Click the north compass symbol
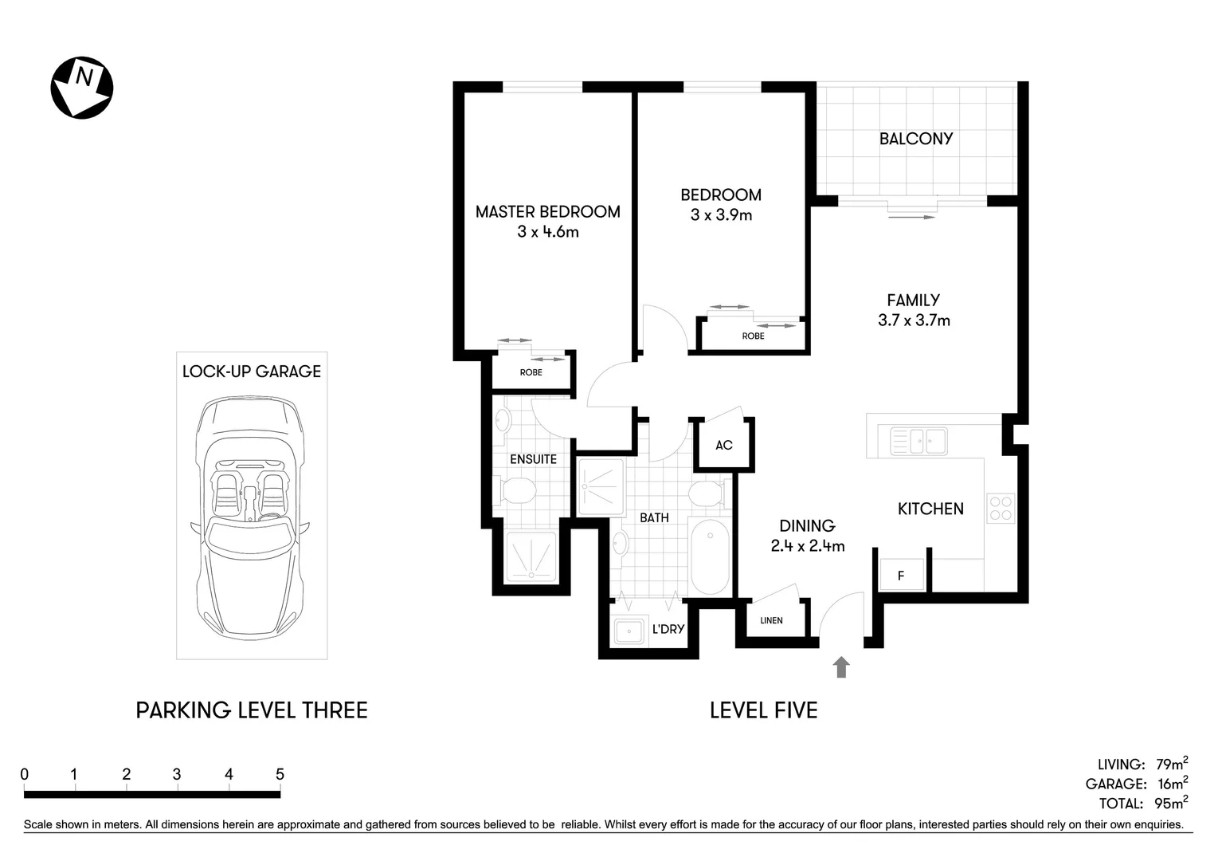pyautogui.click(x=82, y=88)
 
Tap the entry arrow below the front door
pyautogui.click(x=841, y=667)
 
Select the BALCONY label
pyautogui.click(x=915, y=139)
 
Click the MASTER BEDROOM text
pyautogui.click(x=547, y=212)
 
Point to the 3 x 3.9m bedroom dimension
pyautogui.click(x=721, y=215)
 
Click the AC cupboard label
pyautogui.click(x=723, y=445)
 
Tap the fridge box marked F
pyautogui.click(x=901, y=575)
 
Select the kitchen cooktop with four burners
pyautogui.click(x=1001, y=509)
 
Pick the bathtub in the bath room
pyautogui.click(x=709, y=556)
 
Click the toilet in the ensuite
pyautogui.click(x=515, y=490)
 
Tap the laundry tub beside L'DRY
pyautogui.click(x=629, y=631)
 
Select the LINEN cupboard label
pyautogui.click(x=771, y=620)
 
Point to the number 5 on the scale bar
pyautogui.click(x=280, y=774)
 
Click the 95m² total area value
pyautogui.click(x=1170, y=804)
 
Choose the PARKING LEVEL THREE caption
pyautogui.click(x=252, y=710)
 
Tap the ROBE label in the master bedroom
pyautogui.click(x=531, y=372)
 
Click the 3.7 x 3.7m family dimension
pyautogui.click(x=914, y=320)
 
